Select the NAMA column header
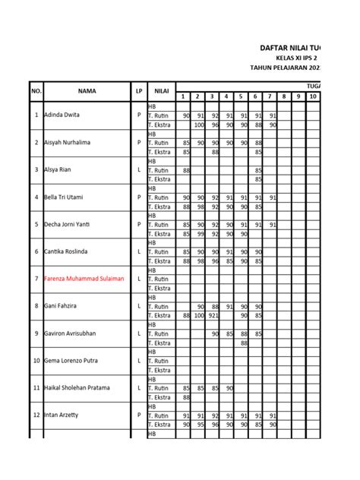pyautogui.click(x=87, y=91)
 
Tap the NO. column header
pyautogui.click(x=36, y=91)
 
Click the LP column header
pyautogui.click(x=139, y=91)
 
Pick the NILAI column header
pyautogui.click(x=161, y=91)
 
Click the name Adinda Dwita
pyautogui.click(x=64, y=115)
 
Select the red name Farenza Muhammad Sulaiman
pyautogui.click(x=85, y=279)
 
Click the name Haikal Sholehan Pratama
pyautogui.click(x=77, y=388)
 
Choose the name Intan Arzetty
pyautogui.click(x=63, y=415)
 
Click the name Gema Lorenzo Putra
pyautogui.click(x=71, y=361)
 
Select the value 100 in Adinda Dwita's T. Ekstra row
pyautogui.click(x=199, y=125)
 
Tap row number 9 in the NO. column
pyautogui.click(x=36, y=333)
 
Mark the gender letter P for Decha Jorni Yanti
pyautogui.click(x=139, y=225)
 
